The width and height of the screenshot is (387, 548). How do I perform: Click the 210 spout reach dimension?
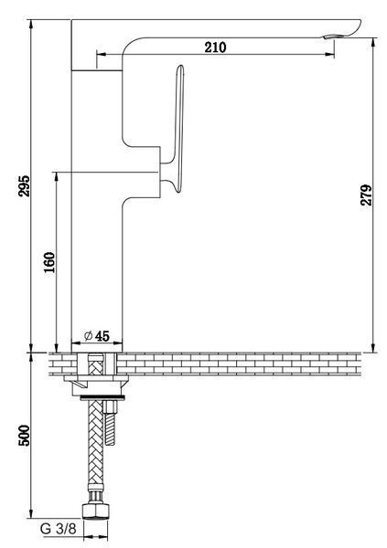pyautogui.click(x=215, y=47)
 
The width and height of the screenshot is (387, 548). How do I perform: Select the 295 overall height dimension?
pyautogui.click(x=25, y=185)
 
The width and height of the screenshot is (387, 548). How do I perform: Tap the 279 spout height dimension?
pyautogui.click(x=366, y=195)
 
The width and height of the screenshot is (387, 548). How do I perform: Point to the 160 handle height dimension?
pyautogui.click(x=49, y=262)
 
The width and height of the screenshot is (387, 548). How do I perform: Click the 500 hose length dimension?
pyautogui.click(x=25, y=436)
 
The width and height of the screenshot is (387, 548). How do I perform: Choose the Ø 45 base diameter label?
pyautogui.click(x=97, y=336)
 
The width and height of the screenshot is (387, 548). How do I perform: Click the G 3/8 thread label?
pyautogui.click(x=59, y=529)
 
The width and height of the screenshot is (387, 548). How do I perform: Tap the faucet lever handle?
pyautogui.click(x=177, y=130)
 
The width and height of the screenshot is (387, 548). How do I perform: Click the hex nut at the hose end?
pyautogui.click(x=96, y=511)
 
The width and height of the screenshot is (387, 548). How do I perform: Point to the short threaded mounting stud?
pyautogui.click(x=110, y=423)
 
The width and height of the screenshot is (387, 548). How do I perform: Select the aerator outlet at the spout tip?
pyautogui.click(x=332, y=37)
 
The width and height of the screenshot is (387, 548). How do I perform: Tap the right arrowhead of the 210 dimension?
pyautogui.click(x=330, y=54)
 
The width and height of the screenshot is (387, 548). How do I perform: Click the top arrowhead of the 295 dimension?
pyautogui.click(x=31, y=25)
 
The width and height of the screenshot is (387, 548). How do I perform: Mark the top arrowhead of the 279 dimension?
pyautogui.click(x=373, y=43)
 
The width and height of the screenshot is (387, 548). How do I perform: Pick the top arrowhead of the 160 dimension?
pyautogui.click(x=56, y=177)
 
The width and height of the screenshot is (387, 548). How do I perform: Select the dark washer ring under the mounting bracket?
pyautogui.click(x=102, y=397)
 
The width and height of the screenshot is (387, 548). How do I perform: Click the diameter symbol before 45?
pyautogui.click(x=88, y=336)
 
